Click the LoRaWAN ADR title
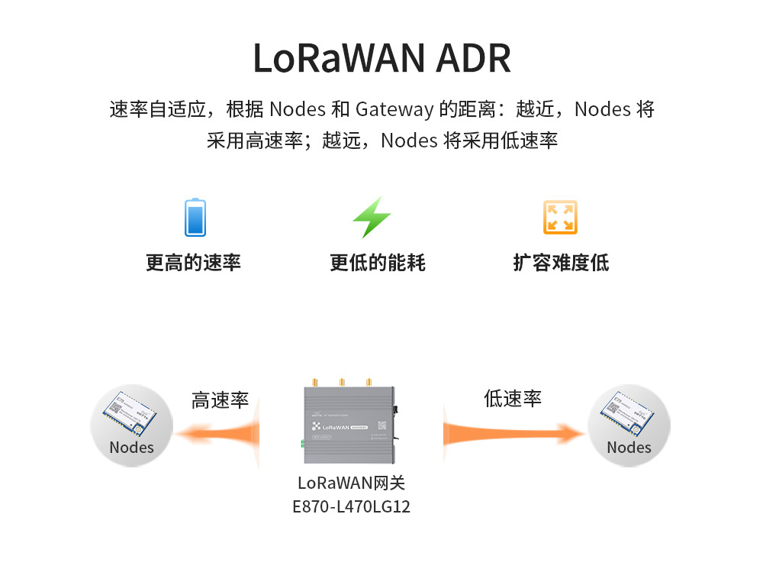[x=381, y=58]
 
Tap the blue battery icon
[x=195, y=218]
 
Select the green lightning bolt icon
[x=372, y=218]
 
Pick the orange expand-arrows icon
[x=560, y=218]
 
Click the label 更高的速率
[x=194, y=264]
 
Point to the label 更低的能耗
[x=378, y=264]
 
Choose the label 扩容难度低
[x=561, y=264]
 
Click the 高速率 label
[x=220, y=401]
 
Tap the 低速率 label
[x=512, y=399]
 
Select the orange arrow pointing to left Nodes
[x=217, y=434]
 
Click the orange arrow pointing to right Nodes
[x=511, y=434]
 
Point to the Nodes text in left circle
[x=131, y=448]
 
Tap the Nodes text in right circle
[x=629, y=448]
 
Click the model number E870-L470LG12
[x=351, y=506]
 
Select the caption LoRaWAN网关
[x=351, y=483]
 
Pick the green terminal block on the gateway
[x=303, y=443]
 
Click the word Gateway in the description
[x=394, y=109]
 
